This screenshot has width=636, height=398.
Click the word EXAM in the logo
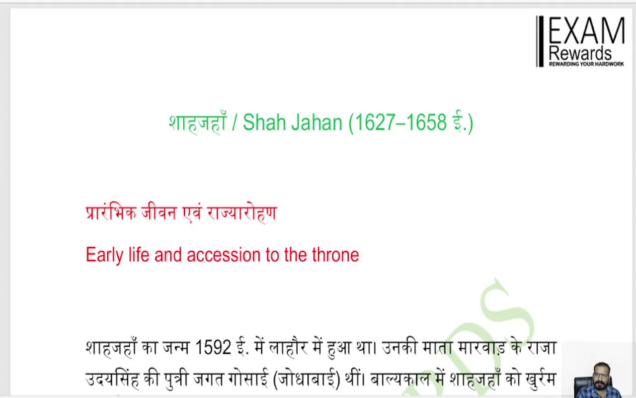point(586,31)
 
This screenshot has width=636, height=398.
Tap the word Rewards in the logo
point(580,53)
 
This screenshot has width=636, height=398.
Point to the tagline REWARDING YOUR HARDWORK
point(586,64)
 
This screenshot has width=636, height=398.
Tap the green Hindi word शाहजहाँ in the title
point(197,123)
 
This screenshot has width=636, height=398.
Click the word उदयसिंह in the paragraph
point(112,381)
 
